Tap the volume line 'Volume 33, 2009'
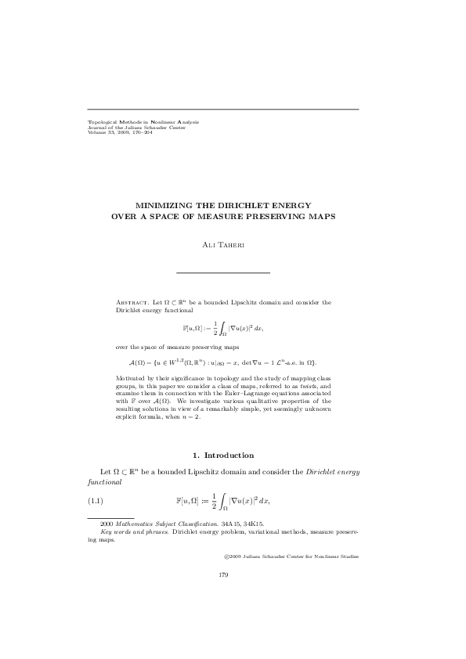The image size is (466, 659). pyautogui.click(x=120, y=131)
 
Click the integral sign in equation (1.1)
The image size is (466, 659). pyautogui.click(x=202, y=499)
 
